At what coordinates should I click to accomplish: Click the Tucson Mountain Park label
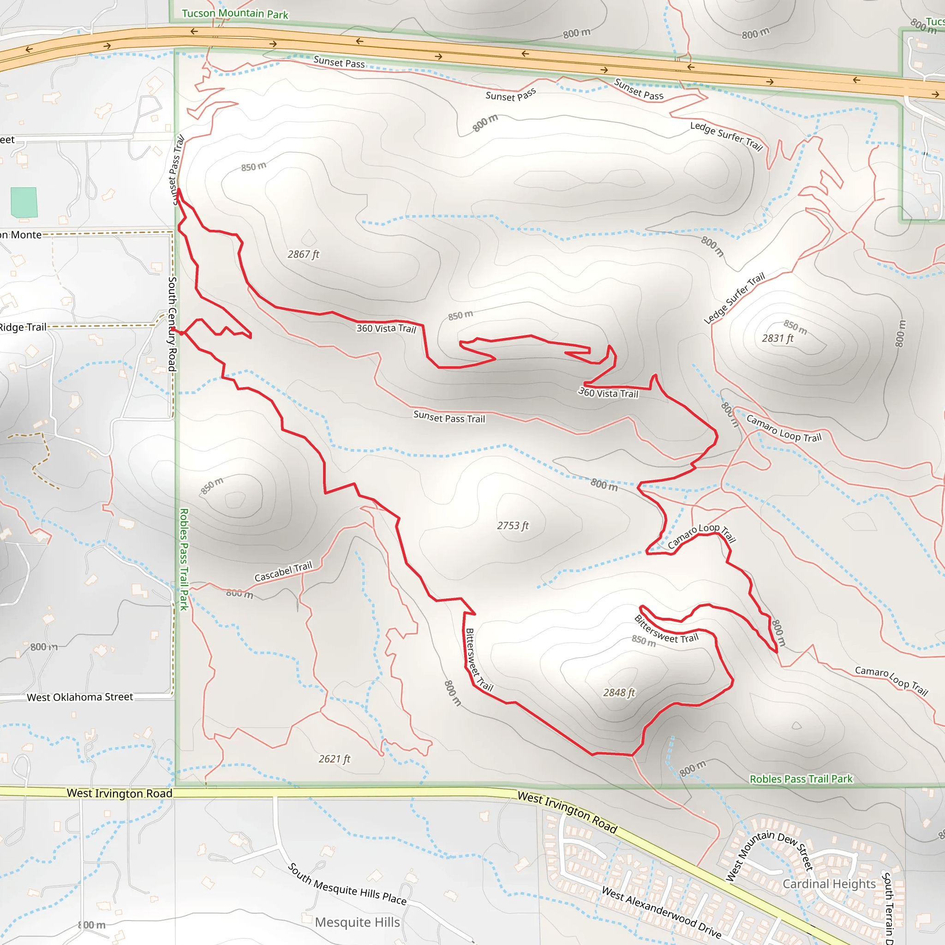coord(235,14)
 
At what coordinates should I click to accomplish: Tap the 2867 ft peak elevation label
coord(303,254)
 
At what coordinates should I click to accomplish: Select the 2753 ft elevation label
coord(513,526)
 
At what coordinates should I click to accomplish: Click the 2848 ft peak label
coord(619,693)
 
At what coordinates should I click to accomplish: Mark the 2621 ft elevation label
coord(335,759)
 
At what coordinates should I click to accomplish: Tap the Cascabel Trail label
coord(283,572)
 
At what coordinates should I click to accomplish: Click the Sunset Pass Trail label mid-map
coord(449,418)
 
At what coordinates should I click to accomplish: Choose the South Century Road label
coord(172,324)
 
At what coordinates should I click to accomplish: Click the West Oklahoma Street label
coord(80,697)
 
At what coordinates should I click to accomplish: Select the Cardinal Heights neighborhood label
coord(829,884)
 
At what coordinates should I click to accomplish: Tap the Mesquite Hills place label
coord(357,922)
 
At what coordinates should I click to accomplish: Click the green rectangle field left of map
coord(24,202)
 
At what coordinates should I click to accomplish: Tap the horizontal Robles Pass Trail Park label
coord(801,779)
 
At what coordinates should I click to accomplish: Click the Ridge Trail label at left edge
coord(23,327)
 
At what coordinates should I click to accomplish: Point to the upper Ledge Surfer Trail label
coord(726,136)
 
